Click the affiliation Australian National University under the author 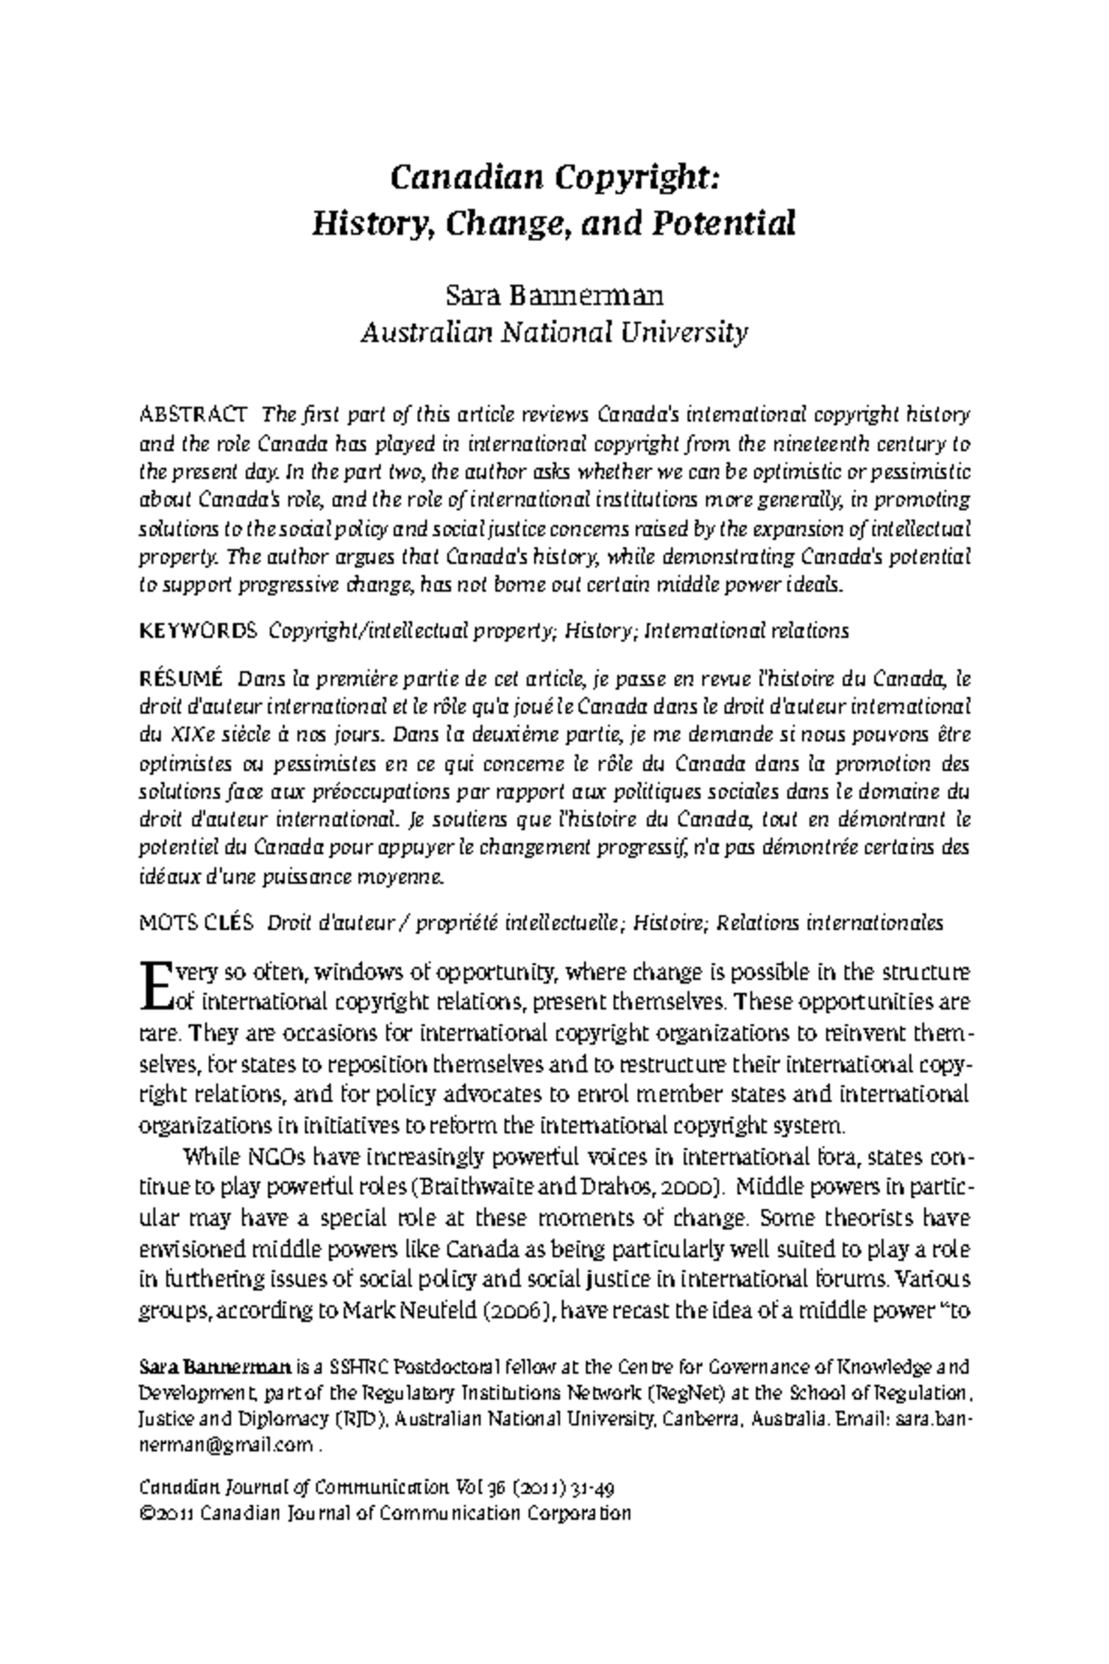point(554,332)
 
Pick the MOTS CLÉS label point(195,923)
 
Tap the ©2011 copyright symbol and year point(165,1514)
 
